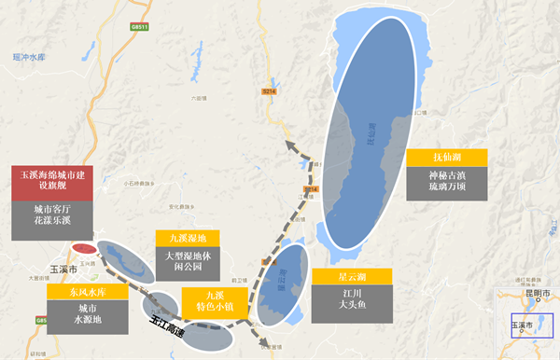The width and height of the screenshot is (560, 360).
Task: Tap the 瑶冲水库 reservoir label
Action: click(28, 57)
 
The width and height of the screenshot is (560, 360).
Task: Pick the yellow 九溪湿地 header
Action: click(188, 238)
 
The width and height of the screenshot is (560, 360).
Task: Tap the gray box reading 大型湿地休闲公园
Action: click(188, 261)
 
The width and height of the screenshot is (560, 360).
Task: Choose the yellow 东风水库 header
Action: click(83, 291)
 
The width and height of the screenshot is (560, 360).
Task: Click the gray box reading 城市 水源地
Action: click(83, 314)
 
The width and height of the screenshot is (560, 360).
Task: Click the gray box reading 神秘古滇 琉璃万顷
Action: click(444, 181)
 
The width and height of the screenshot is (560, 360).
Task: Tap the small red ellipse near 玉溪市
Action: click(83, 249)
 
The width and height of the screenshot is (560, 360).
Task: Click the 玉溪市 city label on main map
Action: click(62, 268)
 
